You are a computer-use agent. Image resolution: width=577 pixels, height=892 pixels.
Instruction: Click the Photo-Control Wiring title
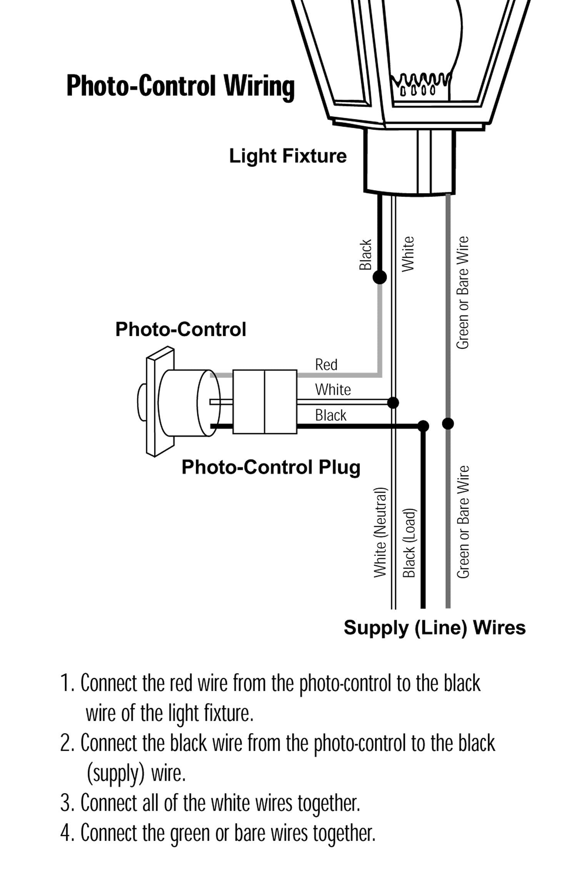click(180, 86)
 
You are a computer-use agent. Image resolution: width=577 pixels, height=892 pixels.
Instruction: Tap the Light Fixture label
click(288, 156)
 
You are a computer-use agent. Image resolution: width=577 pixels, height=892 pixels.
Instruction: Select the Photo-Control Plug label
click(271, 467)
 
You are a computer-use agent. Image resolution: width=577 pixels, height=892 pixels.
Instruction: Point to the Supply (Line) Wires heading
click(434, 628)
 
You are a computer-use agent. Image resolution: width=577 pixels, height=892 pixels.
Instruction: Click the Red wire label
click(326, 364)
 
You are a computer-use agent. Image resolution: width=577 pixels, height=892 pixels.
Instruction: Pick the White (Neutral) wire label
click(380, 533)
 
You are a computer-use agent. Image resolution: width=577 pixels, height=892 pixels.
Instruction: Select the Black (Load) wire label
click(409, 543)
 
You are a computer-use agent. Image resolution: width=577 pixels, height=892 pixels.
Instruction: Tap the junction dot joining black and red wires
click(380, 277)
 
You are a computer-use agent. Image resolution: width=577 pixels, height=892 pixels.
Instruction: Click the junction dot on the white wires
click(393, 403)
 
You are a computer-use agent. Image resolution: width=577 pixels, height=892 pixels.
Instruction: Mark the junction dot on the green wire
click(448, 424)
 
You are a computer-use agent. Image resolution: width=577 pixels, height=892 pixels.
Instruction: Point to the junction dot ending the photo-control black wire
click(423, 426)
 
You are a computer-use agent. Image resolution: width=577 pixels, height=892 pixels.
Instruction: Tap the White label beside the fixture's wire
click(408, 254)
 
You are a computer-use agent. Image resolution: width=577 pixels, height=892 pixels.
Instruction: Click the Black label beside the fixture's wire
click(365, 255)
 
